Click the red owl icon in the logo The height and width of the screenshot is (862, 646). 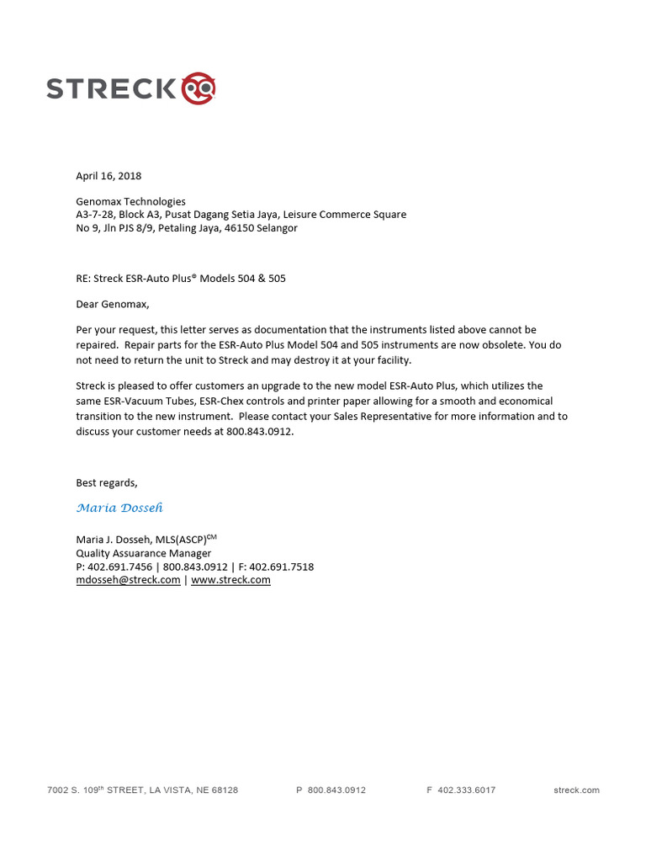(x=199, y=88)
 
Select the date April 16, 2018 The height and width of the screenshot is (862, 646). (x=109, y=176)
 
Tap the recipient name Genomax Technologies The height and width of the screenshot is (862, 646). (x=130, y=201)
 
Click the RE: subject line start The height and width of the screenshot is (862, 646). (x=85, y=279)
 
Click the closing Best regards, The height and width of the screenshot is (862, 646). (x=106, y=482)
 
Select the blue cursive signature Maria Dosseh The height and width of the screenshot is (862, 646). (x=119, y=508)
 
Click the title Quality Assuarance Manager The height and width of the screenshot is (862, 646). (x=143, y=553)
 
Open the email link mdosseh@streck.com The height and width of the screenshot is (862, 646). (x=128, y=580)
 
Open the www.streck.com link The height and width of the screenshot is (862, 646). (x=230, y=580)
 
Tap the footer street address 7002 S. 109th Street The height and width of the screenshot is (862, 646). (x=142, y=790)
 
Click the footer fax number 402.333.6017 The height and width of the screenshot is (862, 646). (x=467, y=790)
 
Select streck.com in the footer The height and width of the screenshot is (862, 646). (x=576, y=790)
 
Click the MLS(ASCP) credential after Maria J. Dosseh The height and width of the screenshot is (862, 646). (x=180, y=540)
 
